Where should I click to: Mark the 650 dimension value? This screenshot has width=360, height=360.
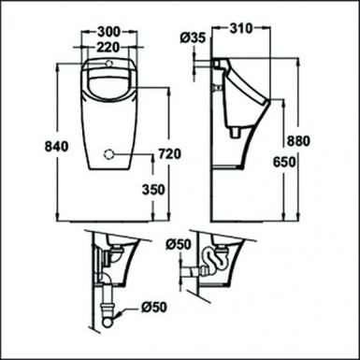point(297,160)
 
